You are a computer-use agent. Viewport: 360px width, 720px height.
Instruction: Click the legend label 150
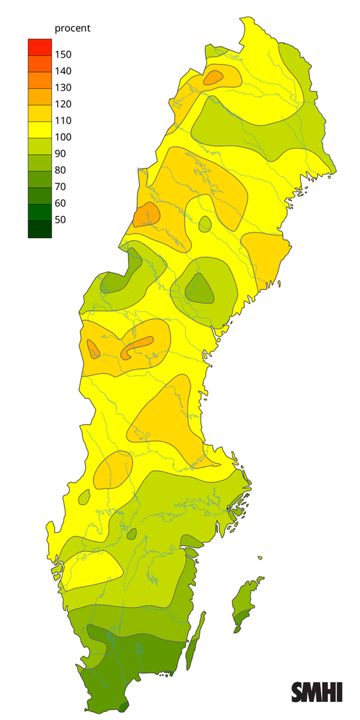click(x=63, y=55)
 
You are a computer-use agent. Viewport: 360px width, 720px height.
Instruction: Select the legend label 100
click(x=63, y=137)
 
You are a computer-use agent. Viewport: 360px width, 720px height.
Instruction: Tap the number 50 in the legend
click(x=61, y=220)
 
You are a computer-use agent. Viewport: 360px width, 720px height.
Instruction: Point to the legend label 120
click(x=63, y=104)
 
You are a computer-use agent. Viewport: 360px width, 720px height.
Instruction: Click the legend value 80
click(x=61, y=170)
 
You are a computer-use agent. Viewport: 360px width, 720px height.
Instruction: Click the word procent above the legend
click(x=72, y=28)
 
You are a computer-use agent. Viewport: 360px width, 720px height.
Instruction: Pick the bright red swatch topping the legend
click(x=40, y=46)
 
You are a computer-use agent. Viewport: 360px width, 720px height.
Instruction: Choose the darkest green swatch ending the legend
click(x=40, y=229)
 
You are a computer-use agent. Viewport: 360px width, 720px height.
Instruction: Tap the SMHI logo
click(x=317, y=692)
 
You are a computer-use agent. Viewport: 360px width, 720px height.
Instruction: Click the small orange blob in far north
click(x=214, y=76)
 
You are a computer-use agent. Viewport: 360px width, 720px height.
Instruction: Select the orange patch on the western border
click(x=146, y=214)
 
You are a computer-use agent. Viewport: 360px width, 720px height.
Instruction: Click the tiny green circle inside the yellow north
click(x=205, y=224)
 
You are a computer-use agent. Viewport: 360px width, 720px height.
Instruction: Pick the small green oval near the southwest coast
click(x=84, y=497)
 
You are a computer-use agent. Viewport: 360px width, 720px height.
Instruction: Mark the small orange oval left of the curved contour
click(x=93, y=349)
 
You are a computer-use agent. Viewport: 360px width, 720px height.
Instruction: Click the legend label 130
click(x=63, y=88)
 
